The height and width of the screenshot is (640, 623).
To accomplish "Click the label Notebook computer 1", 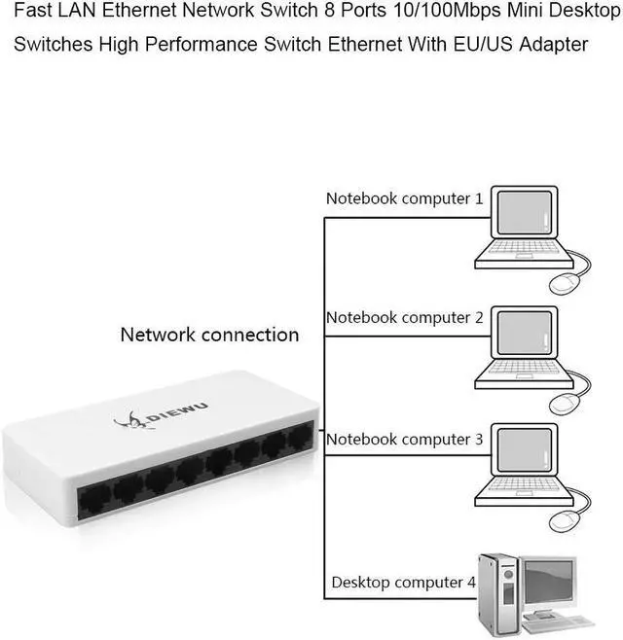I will click(404, 198).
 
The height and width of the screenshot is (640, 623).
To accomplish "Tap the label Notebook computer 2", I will click(404, 318).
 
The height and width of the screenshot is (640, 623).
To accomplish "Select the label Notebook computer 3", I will click(404, 440).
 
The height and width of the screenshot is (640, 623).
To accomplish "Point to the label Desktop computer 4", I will click(403, 583).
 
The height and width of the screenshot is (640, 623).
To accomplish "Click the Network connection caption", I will click(209, 335).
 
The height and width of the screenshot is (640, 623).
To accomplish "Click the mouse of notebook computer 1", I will click(566, 283).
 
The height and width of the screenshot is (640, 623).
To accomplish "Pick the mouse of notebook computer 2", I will click(566, 403).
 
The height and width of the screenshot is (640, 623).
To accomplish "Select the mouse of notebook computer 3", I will click(566, 523).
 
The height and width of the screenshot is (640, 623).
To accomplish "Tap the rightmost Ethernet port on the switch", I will click(300, 439).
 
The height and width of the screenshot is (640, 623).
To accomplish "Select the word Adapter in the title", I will click(554, 46).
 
